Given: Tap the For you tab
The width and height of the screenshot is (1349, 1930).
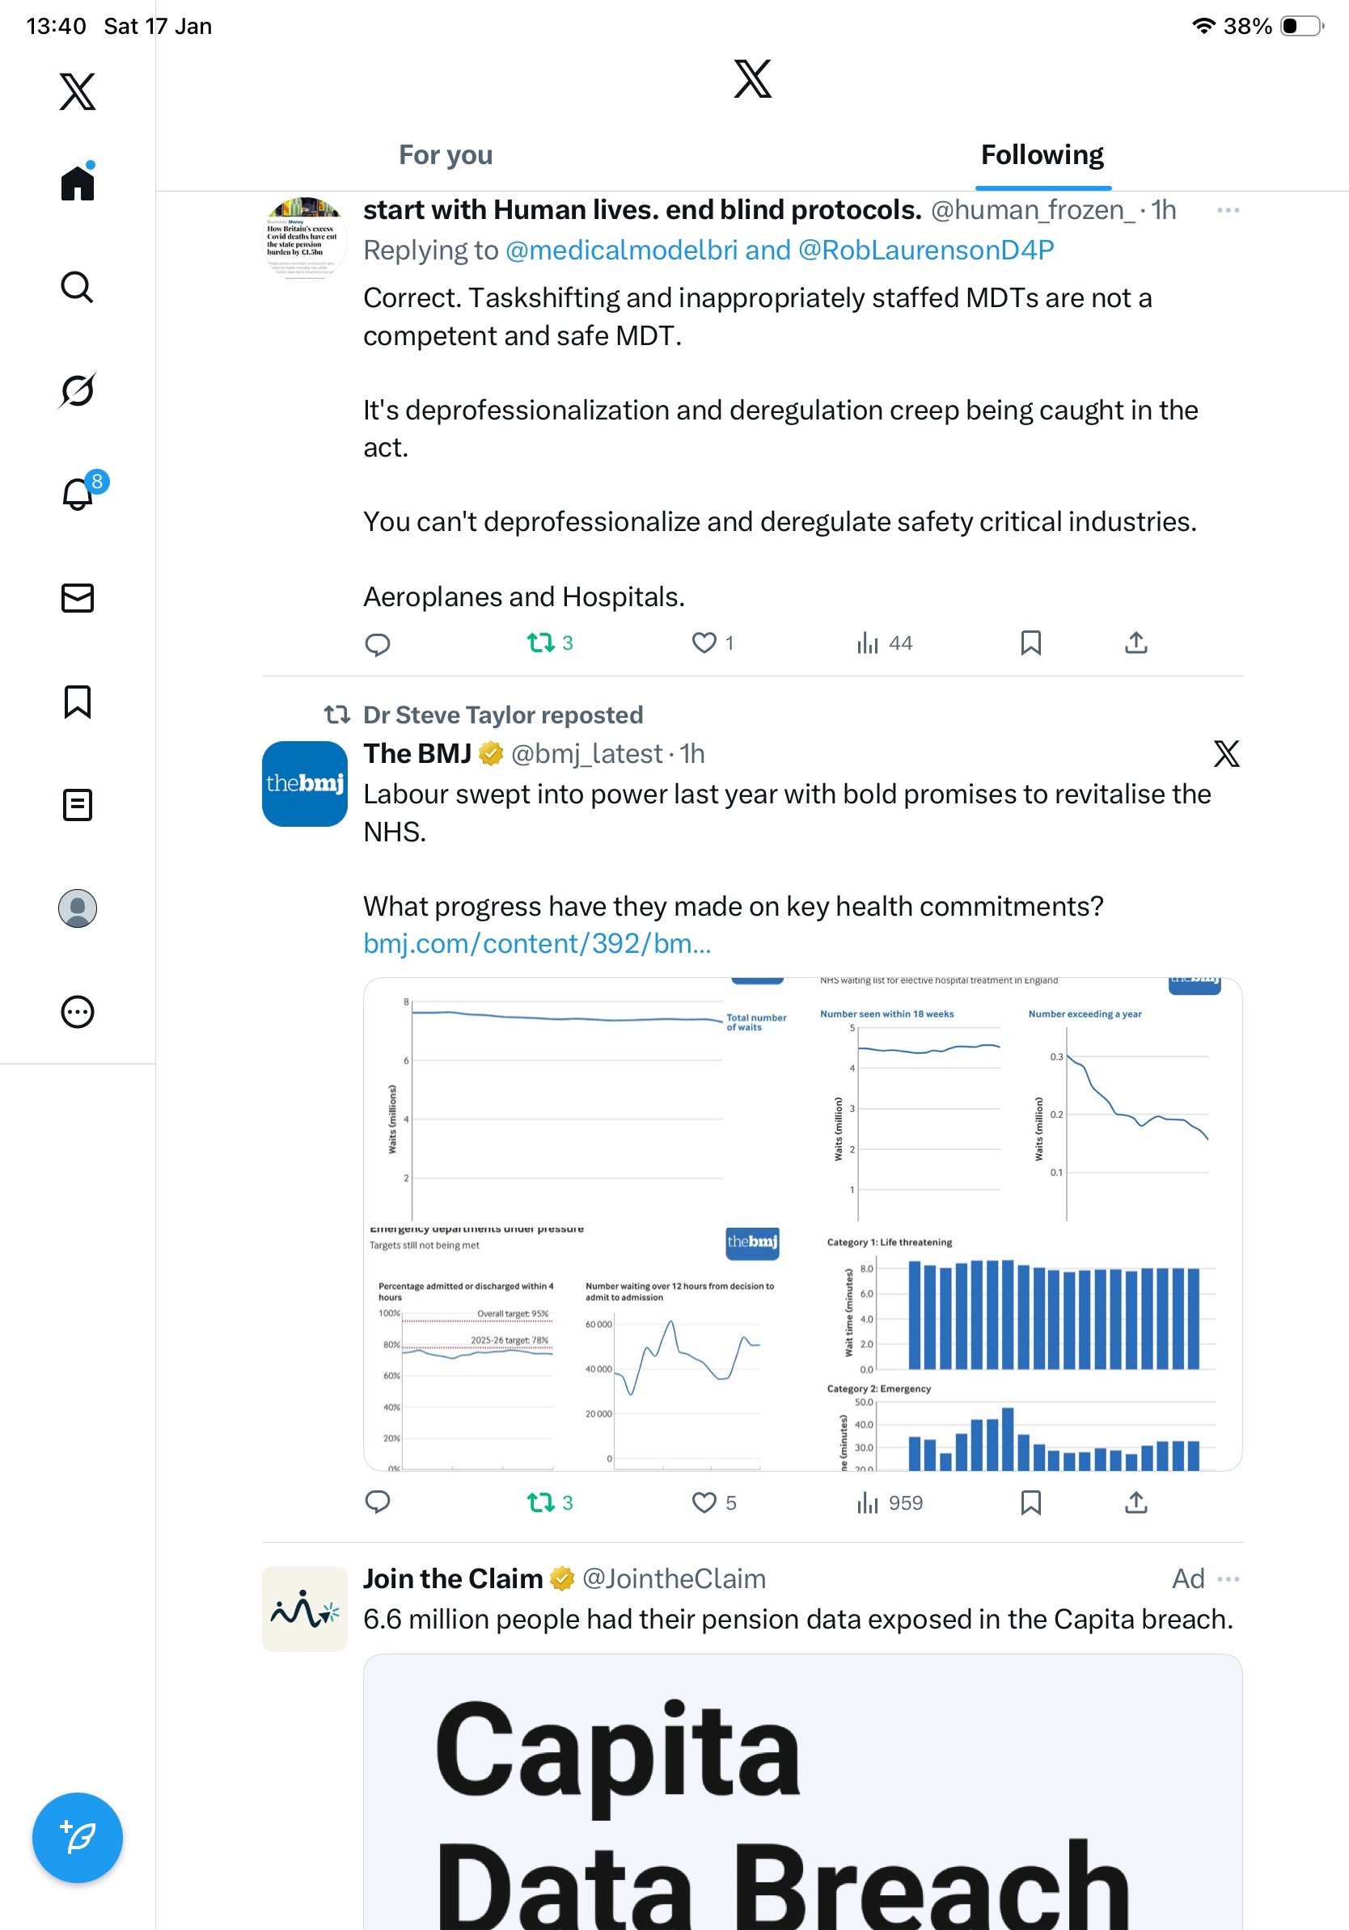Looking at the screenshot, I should [x=445, y=155].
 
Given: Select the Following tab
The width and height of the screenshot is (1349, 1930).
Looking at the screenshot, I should [x=1042, y=155].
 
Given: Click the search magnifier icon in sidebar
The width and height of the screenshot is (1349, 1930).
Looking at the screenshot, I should [x=78, y=288].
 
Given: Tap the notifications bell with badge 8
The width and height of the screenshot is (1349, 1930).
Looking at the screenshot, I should [x=78, y=494].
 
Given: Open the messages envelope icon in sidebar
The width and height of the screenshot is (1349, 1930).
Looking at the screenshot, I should [x=78, y=597].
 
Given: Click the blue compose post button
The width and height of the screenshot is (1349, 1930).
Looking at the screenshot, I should [x=78, y=1838].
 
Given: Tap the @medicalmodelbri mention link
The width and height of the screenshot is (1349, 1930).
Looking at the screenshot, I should [x=621, y=251].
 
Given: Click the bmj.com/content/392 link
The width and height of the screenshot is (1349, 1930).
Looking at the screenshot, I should [x=536, y=944].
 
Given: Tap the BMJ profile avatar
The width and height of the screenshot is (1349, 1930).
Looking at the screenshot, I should [x=304, y=783].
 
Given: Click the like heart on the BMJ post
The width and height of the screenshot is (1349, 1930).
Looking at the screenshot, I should [x=704, y=1502].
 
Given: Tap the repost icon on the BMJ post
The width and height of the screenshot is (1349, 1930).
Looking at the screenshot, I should [x=540, y=1502].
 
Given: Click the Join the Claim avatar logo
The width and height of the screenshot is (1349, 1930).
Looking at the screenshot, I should [x=304, y=1609].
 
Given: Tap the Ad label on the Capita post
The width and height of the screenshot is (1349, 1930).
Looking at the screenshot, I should [x=1187, y=1578].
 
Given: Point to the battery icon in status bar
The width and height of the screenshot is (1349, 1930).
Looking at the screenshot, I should [x=1300, y=26].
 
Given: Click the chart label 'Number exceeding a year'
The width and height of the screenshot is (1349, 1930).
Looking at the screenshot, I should [x=1085, y=1013].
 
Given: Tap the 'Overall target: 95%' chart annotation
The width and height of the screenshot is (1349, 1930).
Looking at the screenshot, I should [x=512, y=1313].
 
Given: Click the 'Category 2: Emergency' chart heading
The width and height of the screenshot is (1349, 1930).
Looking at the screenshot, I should [x=879, y=1389].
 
